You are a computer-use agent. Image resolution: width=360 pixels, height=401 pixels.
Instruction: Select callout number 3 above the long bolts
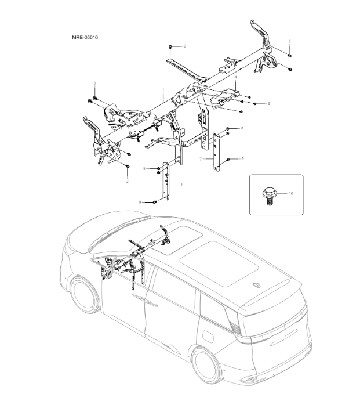click(94, 84)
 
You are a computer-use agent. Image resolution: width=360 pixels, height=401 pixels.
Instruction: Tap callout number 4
click(235, 77)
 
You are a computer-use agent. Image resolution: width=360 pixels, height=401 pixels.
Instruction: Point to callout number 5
click(269, 103)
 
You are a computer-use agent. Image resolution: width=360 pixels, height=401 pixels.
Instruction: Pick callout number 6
click(182, 184)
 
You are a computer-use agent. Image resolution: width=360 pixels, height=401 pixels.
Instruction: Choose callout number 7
click(201, 158)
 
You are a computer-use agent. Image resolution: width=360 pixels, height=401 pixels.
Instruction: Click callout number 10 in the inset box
click(291, 193)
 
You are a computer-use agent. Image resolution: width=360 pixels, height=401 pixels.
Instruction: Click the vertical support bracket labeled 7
click(219, 152)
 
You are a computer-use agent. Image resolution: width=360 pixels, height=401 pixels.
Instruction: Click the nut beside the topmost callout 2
click(169, 45)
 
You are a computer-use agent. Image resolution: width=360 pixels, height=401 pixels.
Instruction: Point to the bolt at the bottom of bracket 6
click(155, 202)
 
